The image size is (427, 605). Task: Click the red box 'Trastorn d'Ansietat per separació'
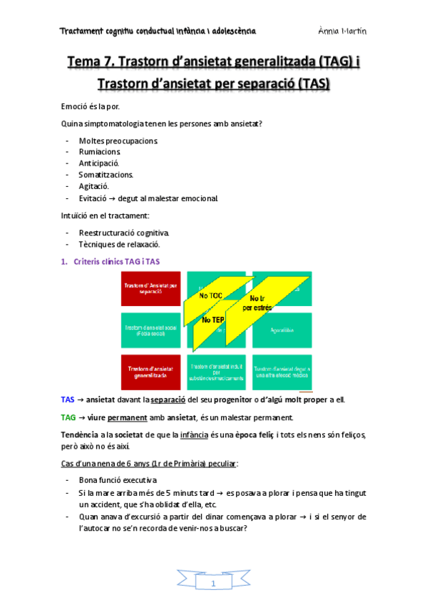click(x=150, y=290)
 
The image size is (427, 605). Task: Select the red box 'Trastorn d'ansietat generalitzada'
click(x=150, y=371)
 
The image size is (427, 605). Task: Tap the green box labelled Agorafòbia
click(x=282, y=331)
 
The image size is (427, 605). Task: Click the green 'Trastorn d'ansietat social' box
click(x=150, y=331)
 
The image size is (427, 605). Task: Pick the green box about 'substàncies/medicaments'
click(x=215, y=371)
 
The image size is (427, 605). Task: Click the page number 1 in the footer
click(x=213, y=584)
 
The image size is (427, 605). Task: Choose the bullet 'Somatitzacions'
click(x=106, y=174)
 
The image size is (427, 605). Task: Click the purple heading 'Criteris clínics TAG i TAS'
click(x=116, y=262)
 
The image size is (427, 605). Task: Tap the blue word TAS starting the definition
click(x=68, y=400)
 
